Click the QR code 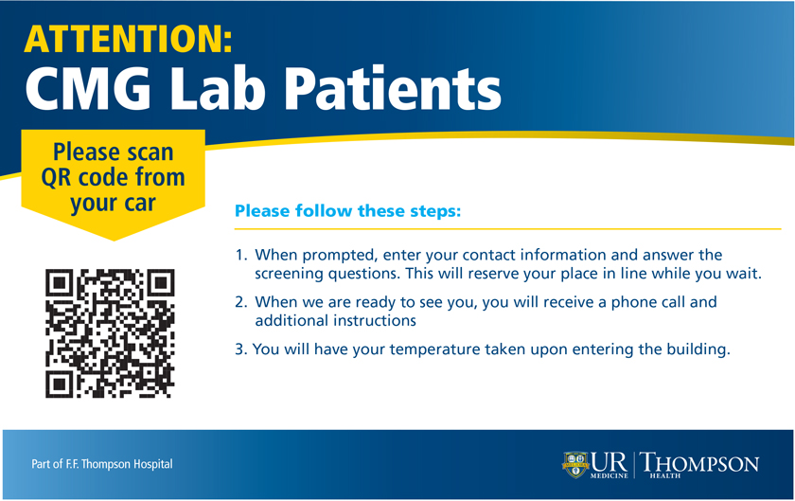click(x=110, y=333)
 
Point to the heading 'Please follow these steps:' click(x=348, y=210)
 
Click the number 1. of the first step click(x=241, y=255)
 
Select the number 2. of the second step click(x=241, y=302)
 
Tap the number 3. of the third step click(x=240, y=349)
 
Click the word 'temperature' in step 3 click(x=434, y=349)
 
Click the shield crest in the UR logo click(x=575, y=464)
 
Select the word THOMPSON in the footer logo click(x=699, y=463)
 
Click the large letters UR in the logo click(x=609, y=462)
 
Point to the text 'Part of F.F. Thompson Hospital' click(x=102, y=464)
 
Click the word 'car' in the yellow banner click(x=139, y=204)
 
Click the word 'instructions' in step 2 click(x=367, y=321)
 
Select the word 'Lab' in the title click(x=218, y=88)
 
